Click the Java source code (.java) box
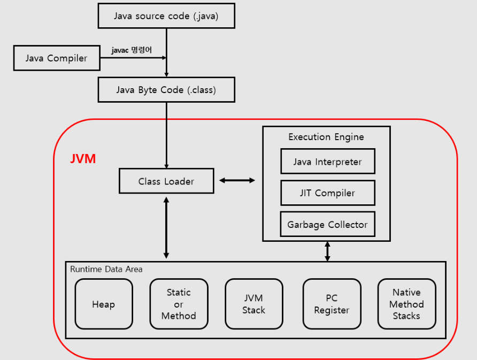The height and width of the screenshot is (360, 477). (166, 16)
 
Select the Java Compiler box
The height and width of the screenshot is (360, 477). (56, 58)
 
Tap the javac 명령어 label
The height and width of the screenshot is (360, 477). (132, 50)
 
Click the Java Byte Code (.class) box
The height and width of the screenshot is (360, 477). (166, 90)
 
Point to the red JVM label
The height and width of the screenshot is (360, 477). (83, 159)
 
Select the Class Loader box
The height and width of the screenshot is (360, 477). (166, 181)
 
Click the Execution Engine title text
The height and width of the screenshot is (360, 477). (326, 137)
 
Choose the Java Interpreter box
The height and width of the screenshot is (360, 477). (327, 162)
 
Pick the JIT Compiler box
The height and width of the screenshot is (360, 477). (327, 193)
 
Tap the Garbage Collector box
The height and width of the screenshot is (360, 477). (327, 225)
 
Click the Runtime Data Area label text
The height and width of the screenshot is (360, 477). (106, 269)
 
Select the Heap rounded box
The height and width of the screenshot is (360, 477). (103, 304)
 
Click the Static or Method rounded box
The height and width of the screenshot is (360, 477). (179, 304)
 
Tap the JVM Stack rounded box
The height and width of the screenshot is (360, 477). (253, 304)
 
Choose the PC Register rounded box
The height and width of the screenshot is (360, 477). (332, 304)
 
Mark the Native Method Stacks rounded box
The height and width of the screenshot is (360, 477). (406, 304)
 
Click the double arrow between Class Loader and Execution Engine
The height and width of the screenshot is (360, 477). (237, 181)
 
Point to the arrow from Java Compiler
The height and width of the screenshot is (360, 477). (134, 58)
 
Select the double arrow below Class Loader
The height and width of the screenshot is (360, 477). (166, 227)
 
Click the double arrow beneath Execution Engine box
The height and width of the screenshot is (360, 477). (327, 251)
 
